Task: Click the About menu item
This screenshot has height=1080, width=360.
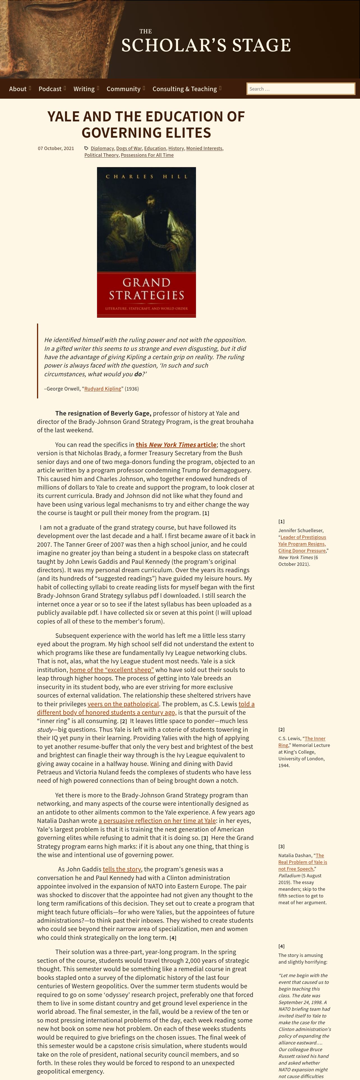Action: [x=18, y=89]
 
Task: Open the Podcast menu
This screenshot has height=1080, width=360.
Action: [x=50, y=89]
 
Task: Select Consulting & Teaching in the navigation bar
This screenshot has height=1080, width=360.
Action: [x=185, y=89]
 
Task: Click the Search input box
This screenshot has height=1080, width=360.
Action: [x=301, y=89]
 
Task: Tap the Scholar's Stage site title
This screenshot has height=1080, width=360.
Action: [x=206, y=45]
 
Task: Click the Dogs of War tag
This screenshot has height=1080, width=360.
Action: [x=129, y=148]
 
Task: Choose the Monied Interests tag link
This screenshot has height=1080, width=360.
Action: [x=204, y=148]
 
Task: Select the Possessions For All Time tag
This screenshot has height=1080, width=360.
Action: [x=147, y=155]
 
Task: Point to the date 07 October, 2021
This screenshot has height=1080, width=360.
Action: [x=56, y=148]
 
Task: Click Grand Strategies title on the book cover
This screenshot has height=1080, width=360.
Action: [x=146, y=289]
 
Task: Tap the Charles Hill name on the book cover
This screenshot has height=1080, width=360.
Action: [x=146, y=177]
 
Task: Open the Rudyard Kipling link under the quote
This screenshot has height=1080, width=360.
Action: [x=103, y=389]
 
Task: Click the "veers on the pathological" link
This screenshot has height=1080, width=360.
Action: [x=123, y=704]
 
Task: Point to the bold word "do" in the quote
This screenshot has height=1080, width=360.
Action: [x=138, y=374]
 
